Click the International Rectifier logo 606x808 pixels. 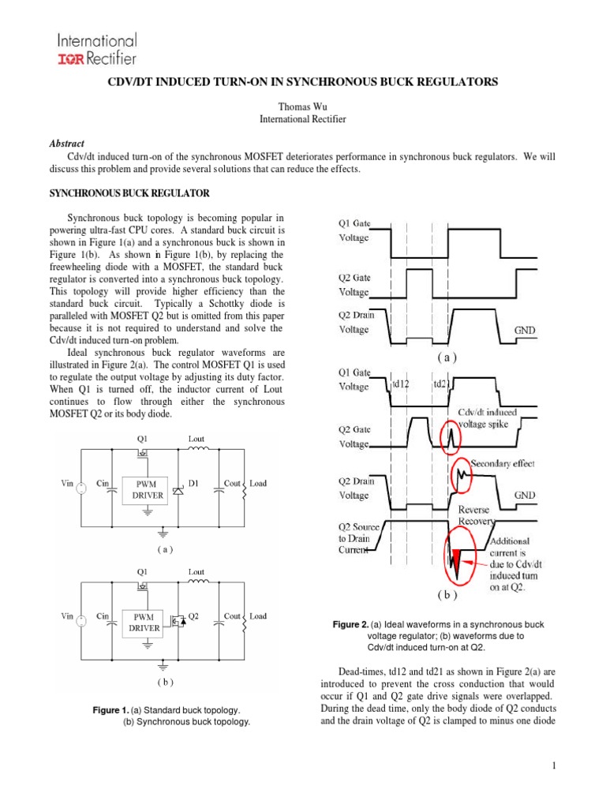pyautogui.click(x=96, y=49)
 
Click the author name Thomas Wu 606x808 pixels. pyautogui.click(x=303, y=106)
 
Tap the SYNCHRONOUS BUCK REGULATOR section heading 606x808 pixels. pyautogui.click(x=130, y=193)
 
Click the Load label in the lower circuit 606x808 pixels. pyautogui.click(x=258, y=616)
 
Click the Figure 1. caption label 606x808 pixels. pyautogui.click(x=110, y=711)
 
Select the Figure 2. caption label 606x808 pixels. pyautogui.click(x=351, y=625)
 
